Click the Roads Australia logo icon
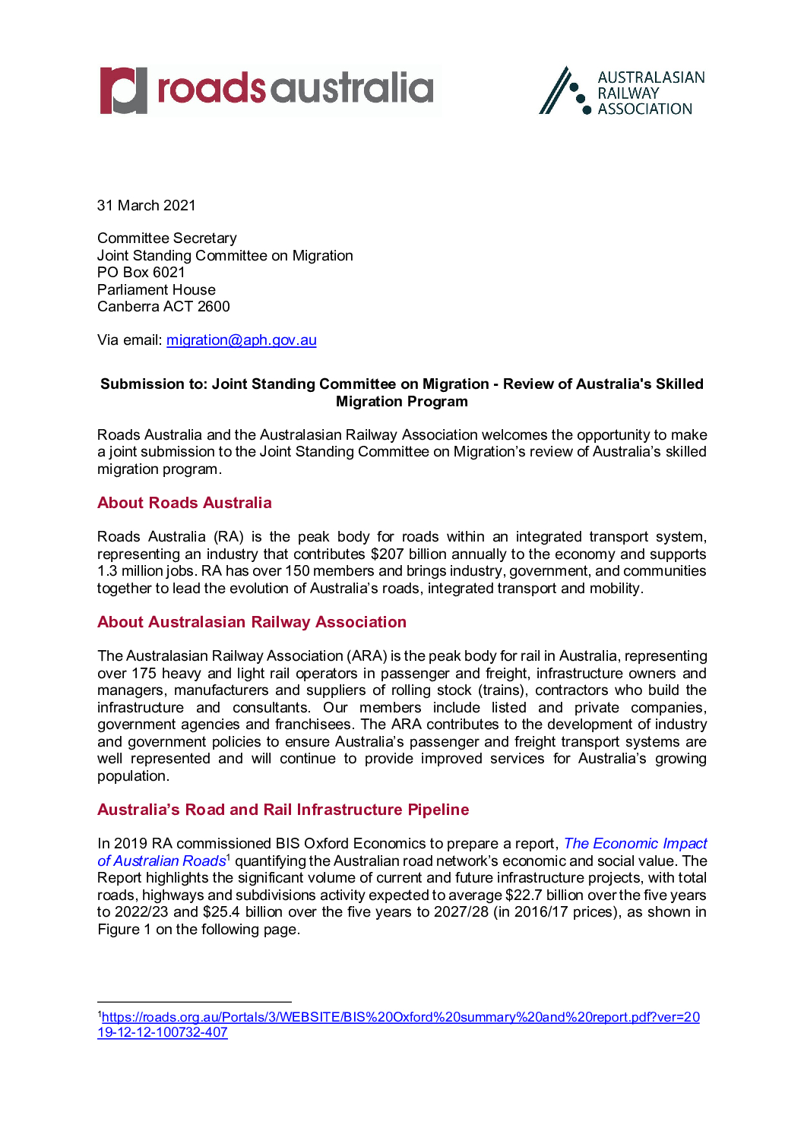[x=123, y=90]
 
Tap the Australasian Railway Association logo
[x=622, y=91]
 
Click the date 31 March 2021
[x=147, y=206]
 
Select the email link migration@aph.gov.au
[x=241, y=340]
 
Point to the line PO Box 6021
[x=141, y=273]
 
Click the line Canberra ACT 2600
[x=163, y=307]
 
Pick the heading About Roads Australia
[x=184, y=503]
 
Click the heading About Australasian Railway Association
[x=252, y=622]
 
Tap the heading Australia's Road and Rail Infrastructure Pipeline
[x=283, y=810]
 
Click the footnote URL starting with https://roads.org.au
[x=400, y=1018]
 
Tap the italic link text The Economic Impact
[x=635, y=844]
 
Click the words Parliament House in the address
[x=157, y=290]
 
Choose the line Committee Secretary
[x=167, y=238]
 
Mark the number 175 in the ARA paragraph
[x=144, y=674]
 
